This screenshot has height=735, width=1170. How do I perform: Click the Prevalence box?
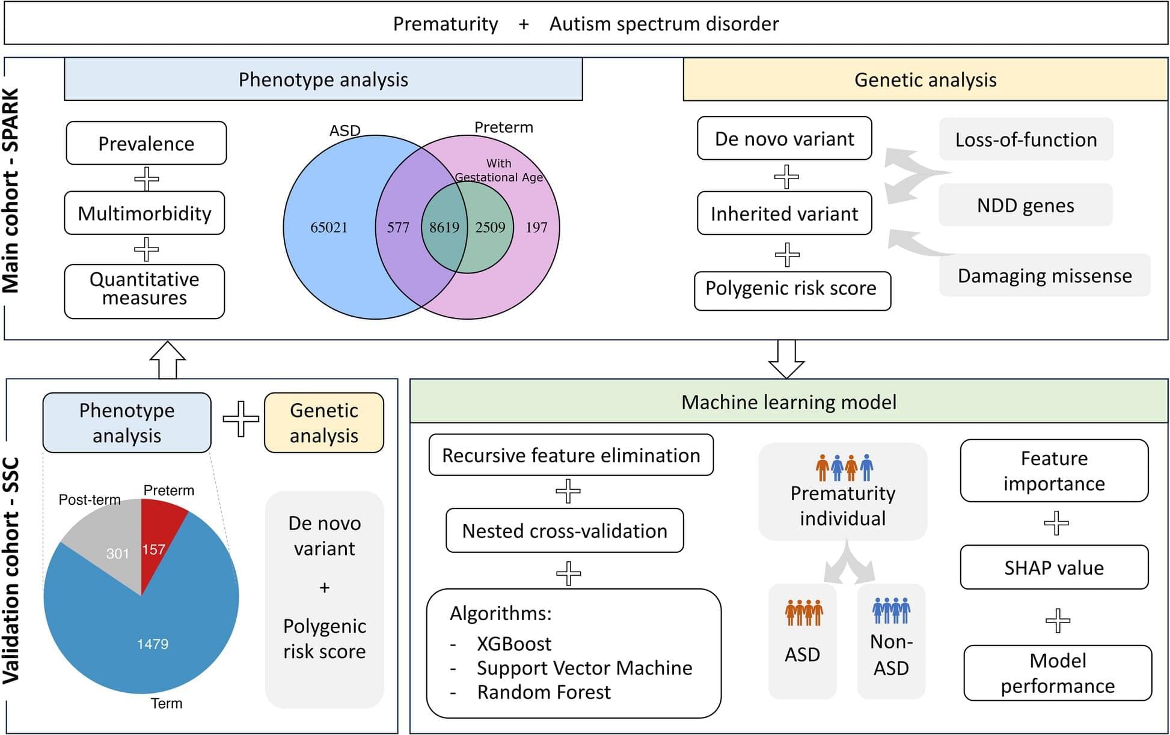click(146, 144)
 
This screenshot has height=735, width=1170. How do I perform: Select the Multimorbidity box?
click(144, 213)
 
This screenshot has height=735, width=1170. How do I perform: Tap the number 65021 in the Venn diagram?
click(329, 228)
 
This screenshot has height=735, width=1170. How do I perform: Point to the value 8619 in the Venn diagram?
click(444, 228)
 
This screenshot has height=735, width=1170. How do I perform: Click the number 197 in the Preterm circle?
click(536, 228)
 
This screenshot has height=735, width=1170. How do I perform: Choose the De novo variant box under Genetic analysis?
click(784, 139)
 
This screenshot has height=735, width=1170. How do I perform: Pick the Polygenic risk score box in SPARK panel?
click(791, 289)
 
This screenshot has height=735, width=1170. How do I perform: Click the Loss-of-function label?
click(1026, 139)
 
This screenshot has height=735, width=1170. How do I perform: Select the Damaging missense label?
click(1044, 276)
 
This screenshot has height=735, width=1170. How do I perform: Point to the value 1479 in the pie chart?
click(153, 644)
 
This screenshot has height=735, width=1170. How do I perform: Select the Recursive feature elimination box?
click(571, 456)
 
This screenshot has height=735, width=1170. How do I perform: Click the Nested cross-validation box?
click(565, 531)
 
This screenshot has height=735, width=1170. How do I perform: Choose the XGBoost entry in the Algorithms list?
click(514, 644)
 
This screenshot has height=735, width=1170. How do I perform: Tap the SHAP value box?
click(1053, 568)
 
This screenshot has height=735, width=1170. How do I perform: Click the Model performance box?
click(1057, 674)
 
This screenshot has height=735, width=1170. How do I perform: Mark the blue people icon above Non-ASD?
click(891, 610)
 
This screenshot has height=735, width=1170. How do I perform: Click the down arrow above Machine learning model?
click(786, 358)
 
